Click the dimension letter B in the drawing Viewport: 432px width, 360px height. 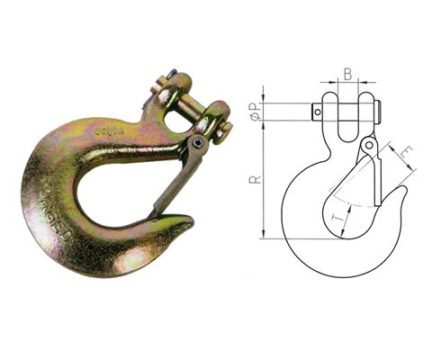pos(347,75)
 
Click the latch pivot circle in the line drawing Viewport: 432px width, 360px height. pos(367,145)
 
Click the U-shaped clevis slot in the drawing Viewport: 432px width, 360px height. pos(348,121)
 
